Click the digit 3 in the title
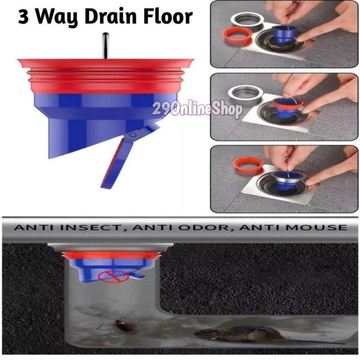[x=23, y=16]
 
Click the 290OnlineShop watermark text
[x=197, y=110]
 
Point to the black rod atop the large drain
[x=105, y=46]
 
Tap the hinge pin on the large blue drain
[x=132, y=135]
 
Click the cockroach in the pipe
[x=124, y=326]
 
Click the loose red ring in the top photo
[x=238, y=35]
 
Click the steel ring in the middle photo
[x=245, y=93]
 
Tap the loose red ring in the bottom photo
[x=248, y=165]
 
